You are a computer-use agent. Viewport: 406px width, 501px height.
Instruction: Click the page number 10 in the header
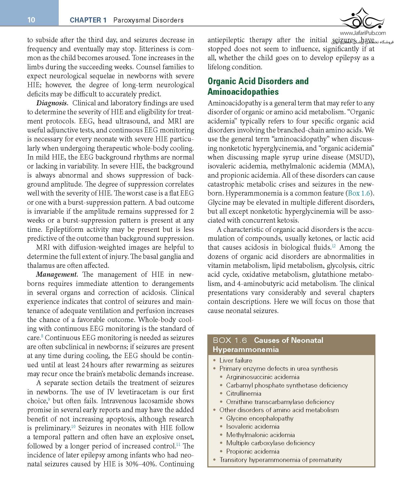coord(31,20)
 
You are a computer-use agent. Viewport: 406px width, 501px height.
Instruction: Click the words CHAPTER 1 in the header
coord(88,20)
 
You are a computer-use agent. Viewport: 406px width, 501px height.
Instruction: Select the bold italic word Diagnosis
coord(51,103)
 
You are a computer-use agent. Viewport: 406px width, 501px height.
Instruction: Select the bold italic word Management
coord(57,275)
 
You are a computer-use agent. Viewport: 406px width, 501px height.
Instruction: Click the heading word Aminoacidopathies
coord(243,92)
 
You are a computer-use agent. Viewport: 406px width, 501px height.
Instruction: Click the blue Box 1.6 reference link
coord(359,193)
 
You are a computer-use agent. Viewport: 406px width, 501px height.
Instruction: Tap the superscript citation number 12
coord(334,246)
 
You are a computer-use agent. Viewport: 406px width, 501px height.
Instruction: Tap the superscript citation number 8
coord(42,336)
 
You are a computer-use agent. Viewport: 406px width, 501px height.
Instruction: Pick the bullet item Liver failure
coord(235,360)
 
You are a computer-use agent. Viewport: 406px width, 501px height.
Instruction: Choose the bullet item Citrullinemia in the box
coord(244,393)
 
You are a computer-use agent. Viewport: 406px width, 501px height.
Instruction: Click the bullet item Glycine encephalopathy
coord(260,418)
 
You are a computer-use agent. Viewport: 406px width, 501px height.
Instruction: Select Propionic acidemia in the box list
coord(253,451)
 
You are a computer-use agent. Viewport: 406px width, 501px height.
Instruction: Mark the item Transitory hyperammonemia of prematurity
coord(280,460)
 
